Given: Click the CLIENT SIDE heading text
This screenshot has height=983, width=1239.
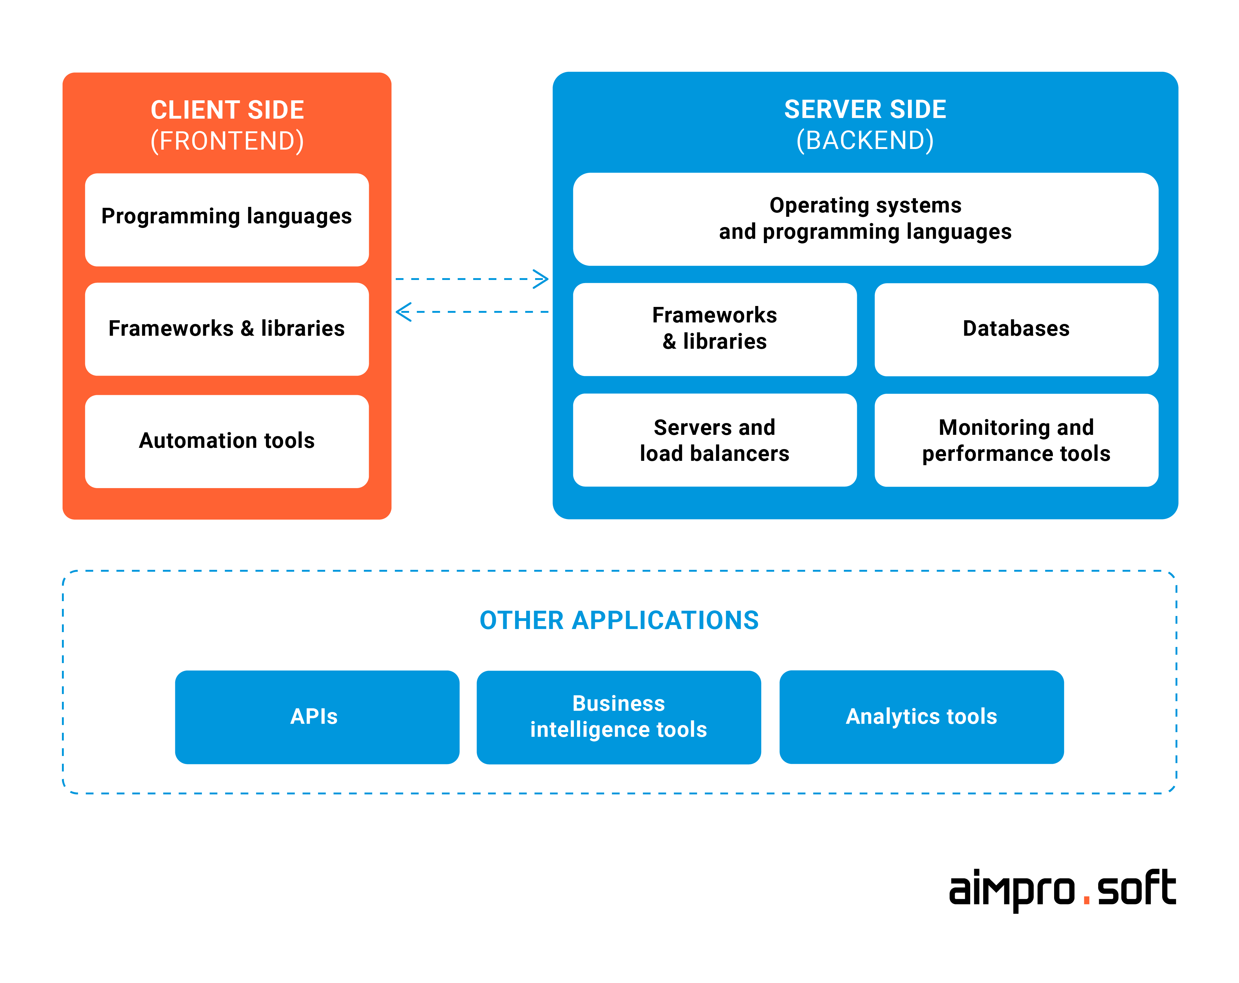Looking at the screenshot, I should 227,110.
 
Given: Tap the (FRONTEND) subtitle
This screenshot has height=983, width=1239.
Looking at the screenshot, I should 227,141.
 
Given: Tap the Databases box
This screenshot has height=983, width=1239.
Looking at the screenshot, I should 1016,329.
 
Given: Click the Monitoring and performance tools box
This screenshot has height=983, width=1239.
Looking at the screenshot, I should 1016,440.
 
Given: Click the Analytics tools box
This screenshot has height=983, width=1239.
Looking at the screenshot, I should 921,717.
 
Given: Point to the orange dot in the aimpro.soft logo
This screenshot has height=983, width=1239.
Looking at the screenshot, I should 1086,901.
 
